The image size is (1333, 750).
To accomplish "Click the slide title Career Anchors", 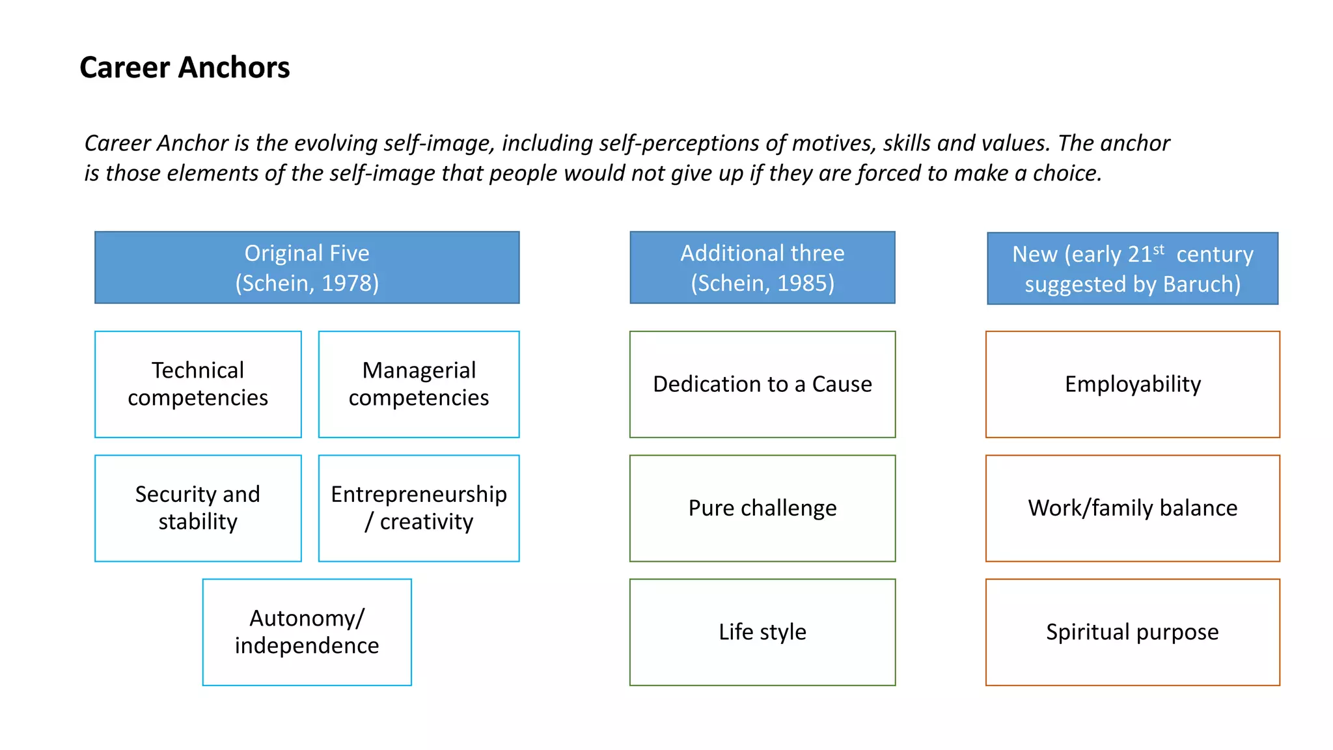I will (x=184, y=68).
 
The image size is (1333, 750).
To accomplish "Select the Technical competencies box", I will (x=198, y=384).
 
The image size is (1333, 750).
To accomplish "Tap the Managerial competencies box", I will (x=419, y=384).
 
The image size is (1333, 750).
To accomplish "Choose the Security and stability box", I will (x=198, y=508).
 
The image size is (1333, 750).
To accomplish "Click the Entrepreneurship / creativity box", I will (x=419, y=508).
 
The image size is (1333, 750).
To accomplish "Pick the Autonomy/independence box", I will (x=307, y=632).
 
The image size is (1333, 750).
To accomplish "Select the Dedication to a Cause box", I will (x=762, y=384).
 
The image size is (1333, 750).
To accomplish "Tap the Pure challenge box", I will (x=762, y=508).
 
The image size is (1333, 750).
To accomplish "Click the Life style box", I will (x=762, y=632).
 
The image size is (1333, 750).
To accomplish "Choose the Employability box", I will (x=1133, y=384).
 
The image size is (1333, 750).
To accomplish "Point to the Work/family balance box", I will (x=1133, y=508).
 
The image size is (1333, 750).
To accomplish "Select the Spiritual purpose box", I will (x=1133, y=632).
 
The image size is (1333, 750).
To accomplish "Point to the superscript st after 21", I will (x=1159, y=249).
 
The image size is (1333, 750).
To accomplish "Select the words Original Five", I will (x=307, y=253).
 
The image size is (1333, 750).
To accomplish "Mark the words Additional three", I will (x=762, y=253).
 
